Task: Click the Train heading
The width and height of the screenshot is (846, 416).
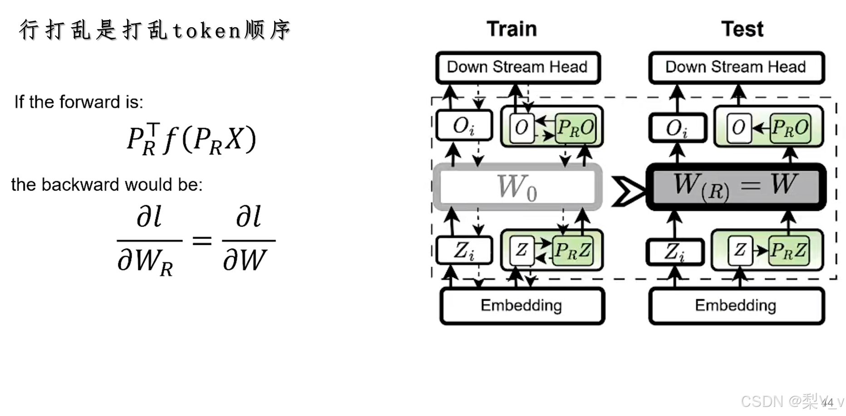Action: point(512,29)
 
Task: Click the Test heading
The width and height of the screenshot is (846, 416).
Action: point(742,29)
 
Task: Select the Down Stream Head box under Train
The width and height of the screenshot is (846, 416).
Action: point(518,67)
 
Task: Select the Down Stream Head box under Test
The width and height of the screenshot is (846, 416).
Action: point(736,67)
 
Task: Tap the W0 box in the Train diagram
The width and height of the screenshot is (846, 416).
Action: point(517,187)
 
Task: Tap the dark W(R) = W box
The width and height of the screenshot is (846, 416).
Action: point(736,187)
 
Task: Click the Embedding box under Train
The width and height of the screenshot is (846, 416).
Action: point(521,306)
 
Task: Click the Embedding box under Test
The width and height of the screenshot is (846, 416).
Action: point(736,306)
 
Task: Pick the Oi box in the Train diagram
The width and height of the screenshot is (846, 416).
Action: point(464,126)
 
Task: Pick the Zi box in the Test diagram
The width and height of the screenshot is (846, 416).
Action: point(674,251)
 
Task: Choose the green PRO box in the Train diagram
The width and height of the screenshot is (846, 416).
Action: point(575,128)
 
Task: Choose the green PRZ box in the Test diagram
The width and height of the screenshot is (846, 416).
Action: point(788,250)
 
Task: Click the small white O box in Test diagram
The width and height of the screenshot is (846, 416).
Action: point(739,128)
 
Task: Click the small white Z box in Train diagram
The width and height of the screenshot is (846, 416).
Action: point(521,250)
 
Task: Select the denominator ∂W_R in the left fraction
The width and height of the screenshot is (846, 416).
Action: point(145,262)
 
